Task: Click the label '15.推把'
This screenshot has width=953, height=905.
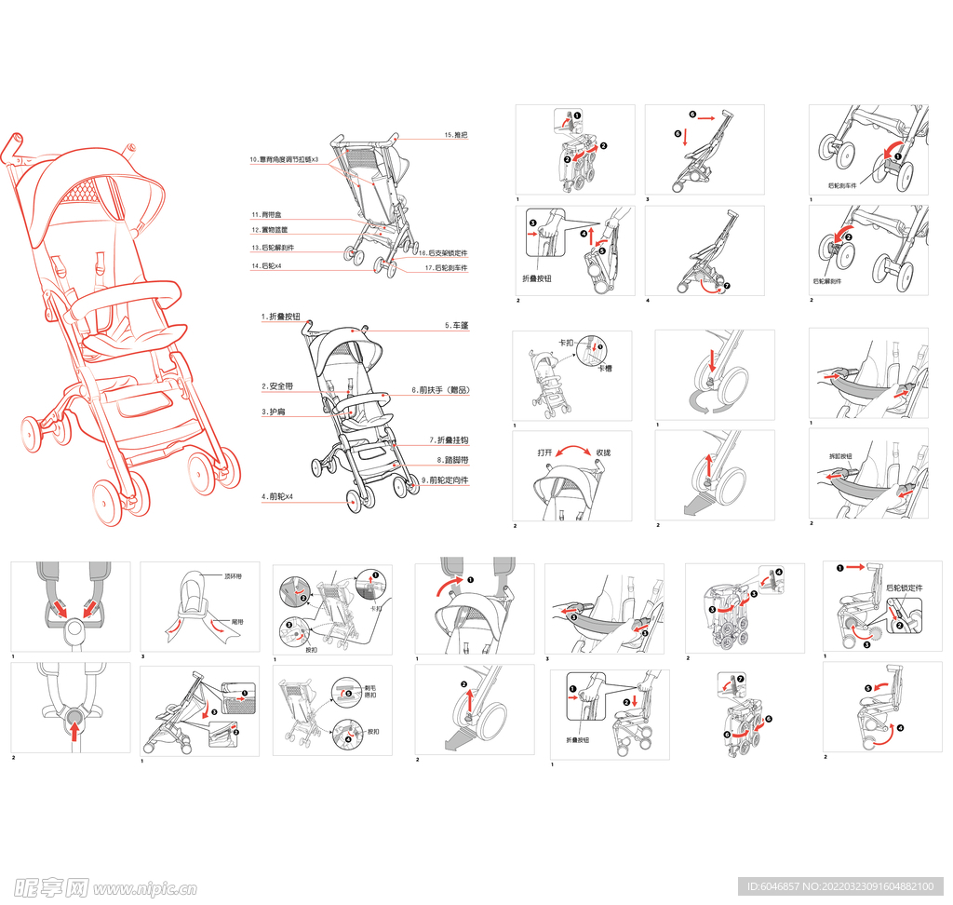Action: pyautogui.click(x=455, y=136)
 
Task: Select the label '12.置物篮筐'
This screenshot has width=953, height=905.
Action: pyautogui.click(x=269, y=230)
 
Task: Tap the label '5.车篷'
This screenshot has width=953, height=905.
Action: pyautogui.click(x=456, y=327)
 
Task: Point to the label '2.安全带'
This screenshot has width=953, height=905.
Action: pyautogui.click(x=277, y=386)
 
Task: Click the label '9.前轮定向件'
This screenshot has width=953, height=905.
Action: pyautogui.click(x=445, y=480)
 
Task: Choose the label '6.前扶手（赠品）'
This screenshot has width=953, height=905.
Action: pyautogui.click(x=439, y=390)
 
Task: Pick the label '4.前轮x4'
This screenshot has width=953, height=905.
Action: pyautogui.click(x=277, y=497)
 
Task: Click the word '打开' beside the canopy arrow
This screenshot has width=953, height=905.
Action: pyautogui.click(x=545, y=453)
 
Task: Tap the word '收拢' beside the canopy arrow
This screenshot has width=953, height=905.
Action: pyautogui.click(x=603, y=453)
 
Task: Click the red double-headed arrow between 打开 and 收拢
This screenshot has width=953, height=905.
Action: pyautogui.click(x=574, y=450)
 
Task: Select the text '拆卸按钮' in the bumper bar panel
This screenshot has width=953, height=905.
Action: pyautogui.click(x=840, y=457)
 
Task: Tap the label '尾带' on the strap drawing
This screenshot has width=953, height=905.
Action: pyautogui.click(x=237, y=621)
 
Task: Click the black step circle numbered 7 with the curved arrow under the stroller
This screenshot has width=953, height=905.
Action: pyautogui.click(x=727, y=287)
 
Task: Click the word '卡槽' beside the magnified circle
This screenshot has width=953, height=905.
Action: pyautogui.click(x=605, y=369)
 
